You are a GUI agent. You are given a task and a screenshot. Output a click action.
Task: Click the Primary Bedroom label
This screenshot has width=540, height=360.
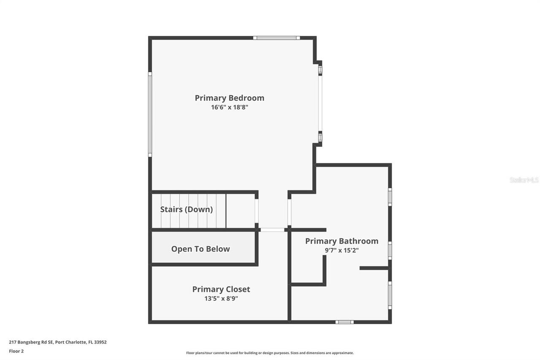(x=229, y=98)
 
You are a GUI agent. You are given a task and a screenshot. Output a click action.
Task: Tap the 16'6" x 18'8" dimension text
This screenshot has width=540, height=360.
(x=229, y=107)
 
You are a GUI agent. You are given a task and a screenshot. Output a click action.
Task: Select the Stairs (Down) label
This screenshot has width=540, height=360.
(x=186, y=209)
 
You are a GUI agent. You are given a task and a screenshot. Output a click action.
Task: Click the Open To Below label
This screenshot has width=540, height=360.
(x=200, y=249)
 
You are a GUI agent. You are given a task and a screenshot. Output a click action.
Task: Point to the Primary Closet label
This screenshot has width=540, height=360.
(x=221, y=289)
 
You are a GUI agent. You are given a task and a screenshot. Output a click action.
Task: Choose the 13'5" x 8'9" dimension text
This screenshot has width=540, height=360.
(x=221, y=298)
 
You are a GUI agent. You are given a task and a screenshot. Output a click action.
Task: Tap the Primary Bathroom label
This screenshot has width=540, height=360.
(x=342, y=241)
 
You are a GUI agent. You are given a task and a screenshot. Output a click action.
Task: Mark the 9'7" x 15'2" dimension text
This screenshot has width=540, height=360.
(x=342, y=250)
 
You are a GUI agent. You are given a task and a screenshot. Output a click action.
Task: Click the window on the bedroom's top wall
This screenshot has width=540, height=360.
(x=276, y=38)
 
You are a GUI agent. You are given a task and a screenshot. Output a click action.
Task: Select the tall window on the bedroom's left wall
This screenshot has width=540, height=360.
(x=150, y=114)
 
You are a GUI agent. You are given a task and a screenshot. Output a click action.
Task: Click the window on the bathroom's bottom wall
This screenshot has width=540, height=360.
(x=344, y=322)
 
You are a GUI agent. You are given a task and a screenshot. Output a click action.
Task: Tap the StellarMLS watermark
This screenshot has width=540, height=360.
(x=524, y=180)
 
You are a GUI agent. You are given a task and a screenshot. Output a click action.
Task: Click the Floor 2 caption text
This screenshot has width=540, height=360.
(x=16, y=351)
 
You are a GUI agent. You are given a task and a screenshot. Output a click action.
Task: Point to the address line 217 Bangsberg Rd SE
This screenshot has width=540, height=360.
(x=58, y=342)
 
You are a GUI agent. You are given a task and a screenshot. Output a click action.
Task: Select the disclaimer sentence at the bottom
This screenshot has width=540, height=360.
(x=270, y=353)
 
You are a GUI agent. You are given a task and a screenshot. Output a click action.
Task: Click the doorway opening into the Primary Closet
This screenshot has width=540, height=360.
(x=273, y=230)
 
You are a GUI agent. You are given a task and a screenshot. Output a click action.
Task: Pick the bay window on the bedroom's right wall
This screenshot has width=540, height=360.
(x=320, y=103)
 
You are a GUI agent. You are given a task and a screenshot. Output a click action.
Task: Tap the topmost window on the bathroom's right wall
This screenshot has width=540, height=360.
(x=390, y=197)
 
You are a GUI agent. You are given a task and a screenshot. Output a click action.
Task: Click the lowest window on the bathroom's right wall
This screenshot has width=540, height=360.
(x=390, y=295)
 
